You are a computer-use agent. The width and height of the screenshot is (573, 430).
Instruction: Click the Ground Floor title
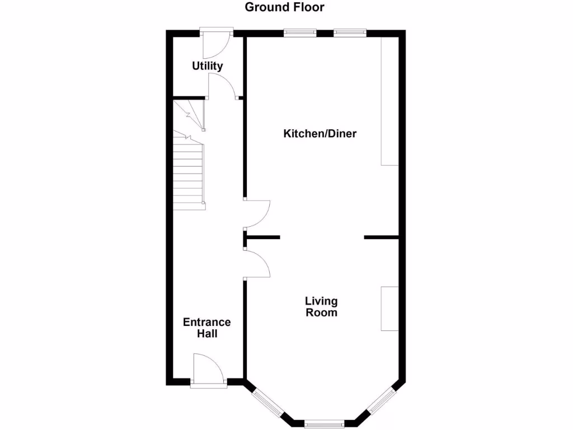(285, 7)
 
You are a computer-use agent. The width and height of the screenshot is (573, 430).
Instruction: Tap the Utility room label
(208, 66)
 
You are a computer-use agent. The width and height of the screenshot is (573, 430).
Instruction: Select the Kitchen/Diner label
(320, 134)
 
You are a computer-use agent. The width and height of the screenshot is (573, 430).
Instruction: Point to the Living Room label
(321, 307)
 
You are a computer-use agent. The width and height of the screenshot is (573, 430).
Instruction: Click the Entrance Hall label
(207, 328)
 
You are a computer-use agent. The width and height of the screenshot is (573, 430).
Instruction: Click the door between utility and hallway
(221, 86)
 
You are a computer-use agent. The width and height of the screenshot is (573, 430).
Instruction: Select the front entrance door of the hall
(208, 370)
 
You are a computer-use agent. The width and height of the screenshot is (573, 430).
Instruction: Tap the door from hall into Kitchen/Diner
(257, 213)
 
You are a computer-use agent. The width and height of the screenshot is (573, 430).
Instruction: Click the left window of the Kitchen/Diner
(299, 32)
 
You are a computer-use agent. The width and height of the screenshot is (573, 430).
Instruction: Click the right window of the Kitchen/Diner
(350, 32)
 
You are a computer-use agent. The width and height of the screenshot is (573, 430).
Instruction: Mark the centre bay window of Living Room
(325, 424)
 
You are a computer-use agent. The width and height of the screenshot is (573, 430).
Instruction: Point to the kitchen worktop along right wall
(390, 101)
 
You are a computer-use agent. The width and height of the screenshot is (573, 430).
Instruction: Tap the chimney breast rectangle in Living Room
(390, 309)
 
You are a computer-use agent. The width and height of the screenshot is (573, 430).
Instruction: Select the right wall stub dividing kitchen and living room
(381, 238)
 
